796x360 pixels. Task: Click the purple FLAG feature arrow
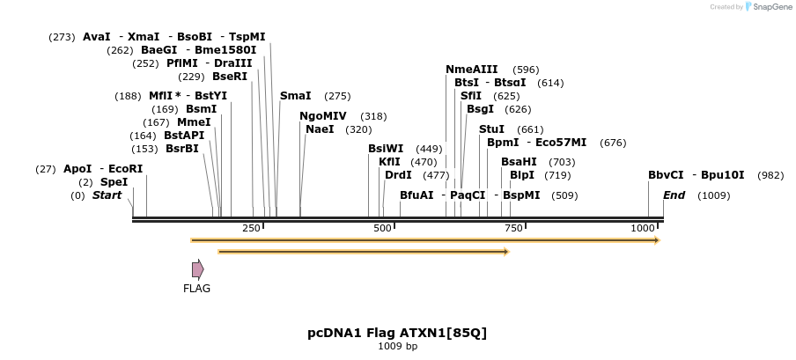click(198, 269)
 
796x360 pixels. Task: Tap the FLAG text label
click(196, 288)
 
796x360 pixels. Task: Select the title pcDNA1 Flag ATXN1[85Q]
click(397, 333)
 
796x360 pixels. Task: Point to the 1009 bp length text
click(397, 347)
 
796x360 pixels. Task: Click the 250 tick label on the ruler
click(251, 229)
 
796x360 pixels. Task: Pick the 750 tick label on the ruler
click(513, 229)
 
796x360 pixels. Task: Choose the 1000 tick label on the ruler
click(643, 229)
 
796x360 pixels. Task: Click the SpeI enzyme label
click(114, 182)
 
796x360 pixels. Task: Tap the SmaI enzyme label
click(295, 96)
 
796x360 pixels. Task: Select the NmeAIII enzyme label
click(472, 70)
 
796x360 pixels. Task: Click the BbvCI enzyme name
click(666, 175)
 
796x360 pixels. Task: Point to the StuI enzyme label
click(491, 129)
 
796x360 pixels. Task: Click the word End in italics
click(674, 195)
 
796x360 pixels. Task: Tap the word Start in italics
click(107, 195)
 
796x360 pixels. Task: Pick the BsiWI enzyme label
click(386, 149)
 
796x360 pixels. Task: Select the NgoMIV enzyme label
click(323, 116)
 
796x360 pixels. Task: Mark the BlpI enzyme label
click(522, 175)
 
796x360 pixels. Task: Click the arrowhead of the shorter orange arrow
click(506, 252)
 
